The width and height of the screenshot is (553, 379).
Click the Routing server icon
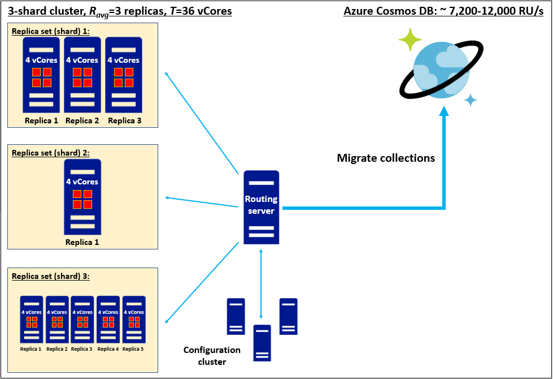coord(261,207)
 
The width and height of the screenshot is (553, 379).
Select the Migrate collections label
coord(386,158)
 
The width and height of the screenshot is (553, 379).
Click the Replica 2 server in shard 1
coord(82,75)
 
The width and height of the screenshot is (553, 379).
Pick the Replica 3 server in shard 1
coord(123,75)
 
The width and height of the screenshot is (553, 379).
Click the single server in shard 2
coord(82,196)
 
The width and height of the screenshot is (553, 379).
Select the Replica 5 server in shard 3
coord(134,320)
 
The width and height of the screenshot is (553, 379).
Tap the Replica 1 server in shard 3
coord(31,320)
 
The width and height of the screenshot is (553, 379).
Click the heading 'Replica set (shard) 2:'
coord(50,153)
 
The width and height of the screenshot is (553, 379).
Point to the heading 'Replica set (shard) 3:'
coord(50,277)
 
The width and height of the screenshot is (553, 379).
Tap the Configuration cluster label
coord(212,356)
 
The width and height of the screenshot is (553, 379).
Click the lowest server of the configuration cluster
coord(262,343)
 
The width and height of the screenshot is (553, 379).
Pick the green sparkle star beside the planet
coord(410,40)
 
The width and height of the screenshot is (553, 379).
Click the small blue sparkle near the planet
coord(470,100)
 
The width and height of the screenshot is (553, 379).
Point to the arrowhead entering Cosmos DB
coord(444,113)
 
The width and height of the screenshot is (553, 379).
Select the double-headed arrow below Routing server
coord(261,282)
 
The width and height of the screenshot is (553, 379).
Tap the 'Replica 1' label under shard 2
coord(82,242)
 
